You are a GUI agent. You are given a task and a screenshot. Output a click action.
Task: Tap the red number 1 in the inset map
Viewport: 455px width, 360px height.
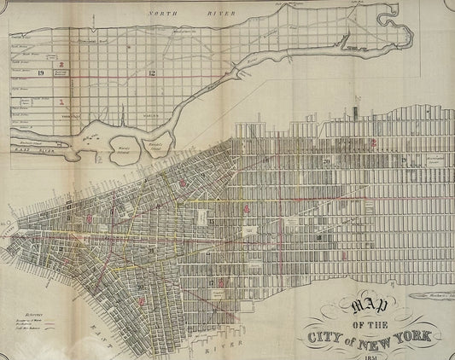pyautogui.click(x=61, y=102)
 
